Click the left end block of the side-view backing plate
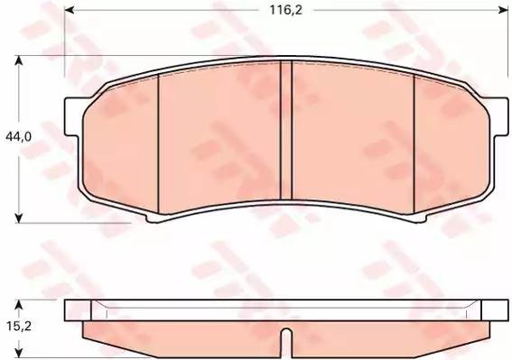[x=79, y=312]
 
